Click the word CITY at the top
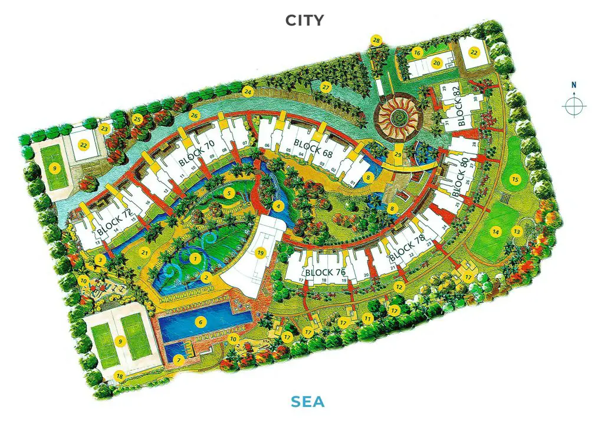point(304,20)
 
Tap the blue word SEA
point(307,402)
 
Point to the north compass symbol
point(574,105)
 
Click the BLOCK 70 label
point(196,154)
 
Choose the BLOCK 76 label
point(326,272)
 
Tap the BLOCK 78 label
point(407,250)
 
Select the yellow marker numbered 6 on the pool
point(201,322)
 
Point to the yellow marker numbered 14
point(496,232)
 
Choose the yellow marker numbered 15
point(514,180)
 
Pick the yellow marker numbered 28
point(376,40)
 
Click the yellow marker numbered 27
point(325,87)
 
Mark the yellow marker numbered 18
point(120,376)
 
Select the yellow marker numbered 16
point(418,53)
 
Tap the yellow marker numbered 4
point(278,206)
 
